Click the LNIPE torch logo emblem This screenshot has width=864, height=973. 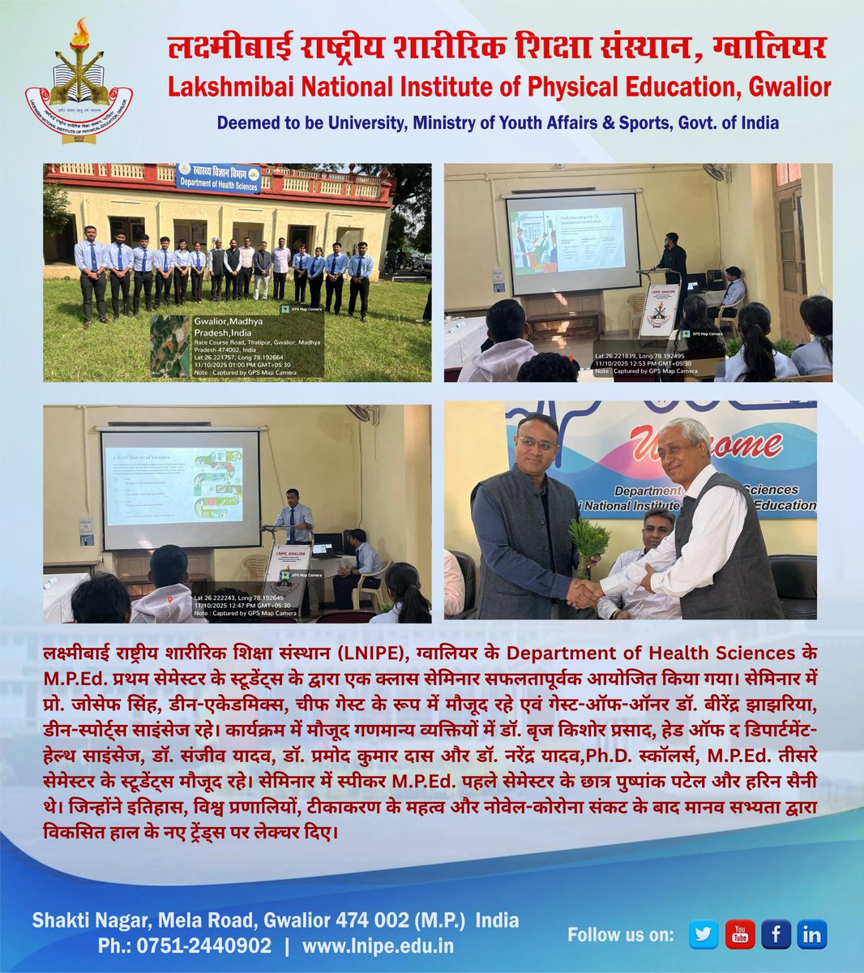[x=79, y=81]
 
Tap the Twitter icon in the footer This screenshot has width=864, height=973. [x=704, y=934]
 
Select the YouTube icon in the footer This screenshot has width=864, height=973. [x=739, y=934]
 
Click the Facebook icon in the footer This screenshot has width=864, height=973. [x=776, y=934]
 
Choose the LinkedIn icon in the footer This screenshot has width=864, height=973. [x=811, y=934]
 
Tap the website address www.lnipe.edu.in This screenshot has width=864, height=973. [x=378, y=945]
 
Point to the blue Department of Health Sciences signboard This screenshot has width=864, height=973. [x=219, y=178]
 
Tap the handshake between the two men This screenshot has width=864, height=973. [x=585, y=593]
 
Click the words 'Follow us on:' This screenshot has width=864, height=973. [x=620, y=935]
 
